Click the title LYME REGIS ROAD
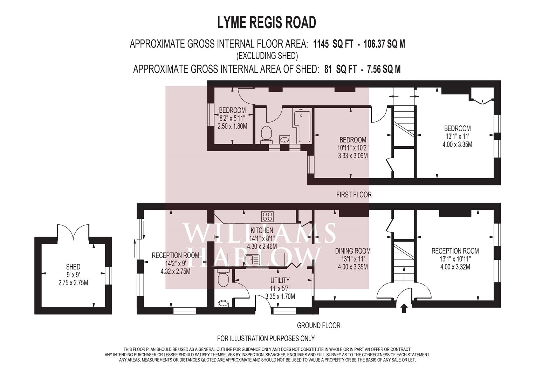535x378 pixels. (267, 23)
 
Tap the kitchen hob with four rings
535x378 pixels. (267, 216)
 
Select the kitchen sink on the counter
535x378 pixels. (252, 260)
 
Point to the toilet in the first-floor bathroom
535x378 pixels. (267, 134)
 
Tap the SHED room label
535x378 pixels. (73, 267)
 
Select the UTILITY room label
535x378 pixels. (280, 280)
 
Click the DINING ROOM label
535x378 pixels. (353, 251)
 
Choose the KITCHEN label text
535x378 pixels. (262, 230)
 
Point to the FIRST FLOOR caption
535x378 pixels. (354, 195)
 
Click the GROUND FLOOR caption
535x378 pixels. (318, 325)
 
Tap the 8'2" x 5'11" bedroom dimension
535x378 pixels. (232, 118)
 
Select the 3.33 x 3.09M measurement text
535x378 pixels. (353, 156)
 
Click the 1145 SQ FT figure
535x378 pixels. (333, 44)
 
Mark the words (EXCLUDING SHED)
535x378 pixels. (267, 56)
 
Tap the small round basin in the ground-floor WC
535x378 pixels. (223, 303)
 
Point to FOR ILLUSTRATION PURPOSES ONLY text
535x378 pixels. (266, 338)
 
